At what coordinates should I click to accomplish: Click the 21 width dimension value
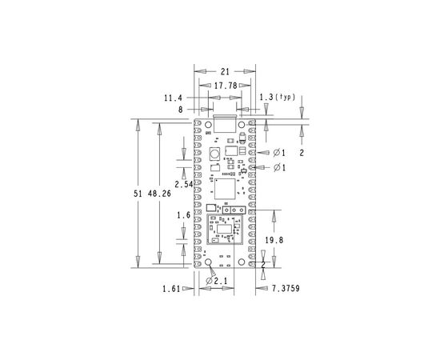click(225, 72)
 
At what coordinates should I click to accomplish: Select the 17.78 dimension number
click(226, 86)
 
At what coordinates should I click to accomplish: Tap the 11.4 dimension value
click(173, 98)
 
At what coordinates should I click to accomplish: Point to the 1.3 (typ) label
click(278, 98)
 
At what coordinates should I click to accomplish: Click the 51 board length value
click(138, 194)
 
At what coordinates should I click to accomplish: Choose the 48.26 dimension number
click(159, 194)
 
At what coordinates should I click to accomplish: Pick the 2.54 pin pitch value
click(184, 184)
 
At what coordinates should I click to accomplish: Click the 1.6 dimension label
click(183, 215)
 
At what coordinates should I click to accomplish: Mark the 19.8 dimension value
click(274, 240)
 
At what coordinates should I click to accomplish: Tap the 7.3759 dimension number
click(286, 289)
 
